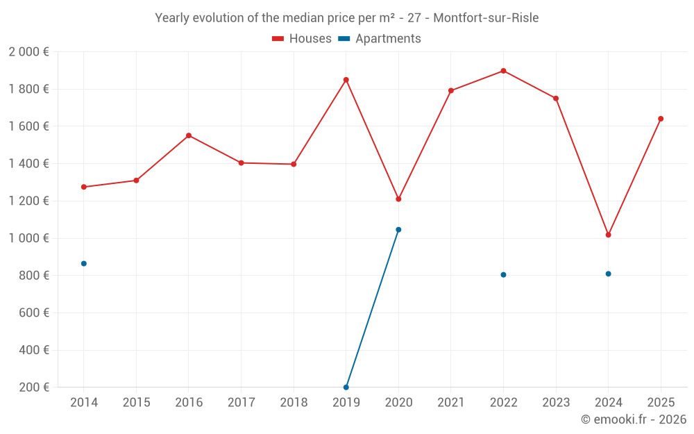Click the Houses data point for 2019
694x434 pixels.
point(346,80)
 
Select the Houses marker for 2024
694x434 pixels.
point(608,235)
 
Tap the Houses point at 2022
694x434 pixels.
point(503,71)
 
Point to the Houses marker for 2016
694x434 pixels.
point(189,135)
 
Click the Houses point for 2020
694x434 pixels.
point(398,199)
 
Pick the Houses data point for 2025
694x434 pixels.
point(661,119)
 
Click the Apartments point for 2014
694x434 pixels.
point(84,264)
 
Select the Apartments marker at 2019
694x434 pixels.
point(346,387)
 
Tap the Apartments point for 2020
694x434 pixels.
point(398,230)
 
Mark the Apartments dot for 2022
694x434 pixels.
point(503,275)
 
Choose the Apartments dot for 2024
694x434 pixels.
point(608,274)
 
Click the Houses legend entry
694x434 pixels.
point(302,39)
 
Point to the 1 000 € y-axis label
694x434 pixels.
point(28,238)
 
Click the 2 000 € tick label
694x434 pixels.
point(28,52)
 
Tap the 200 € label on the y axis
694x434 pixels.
point(35,387)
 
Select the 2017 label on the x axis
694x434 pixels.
point(241,403)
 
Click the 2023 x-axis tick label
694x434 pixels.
point(555,403)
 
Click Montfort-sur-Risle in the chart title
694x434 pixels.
point(486,18)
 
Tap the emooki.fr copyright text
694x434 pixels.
point(633,419)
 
